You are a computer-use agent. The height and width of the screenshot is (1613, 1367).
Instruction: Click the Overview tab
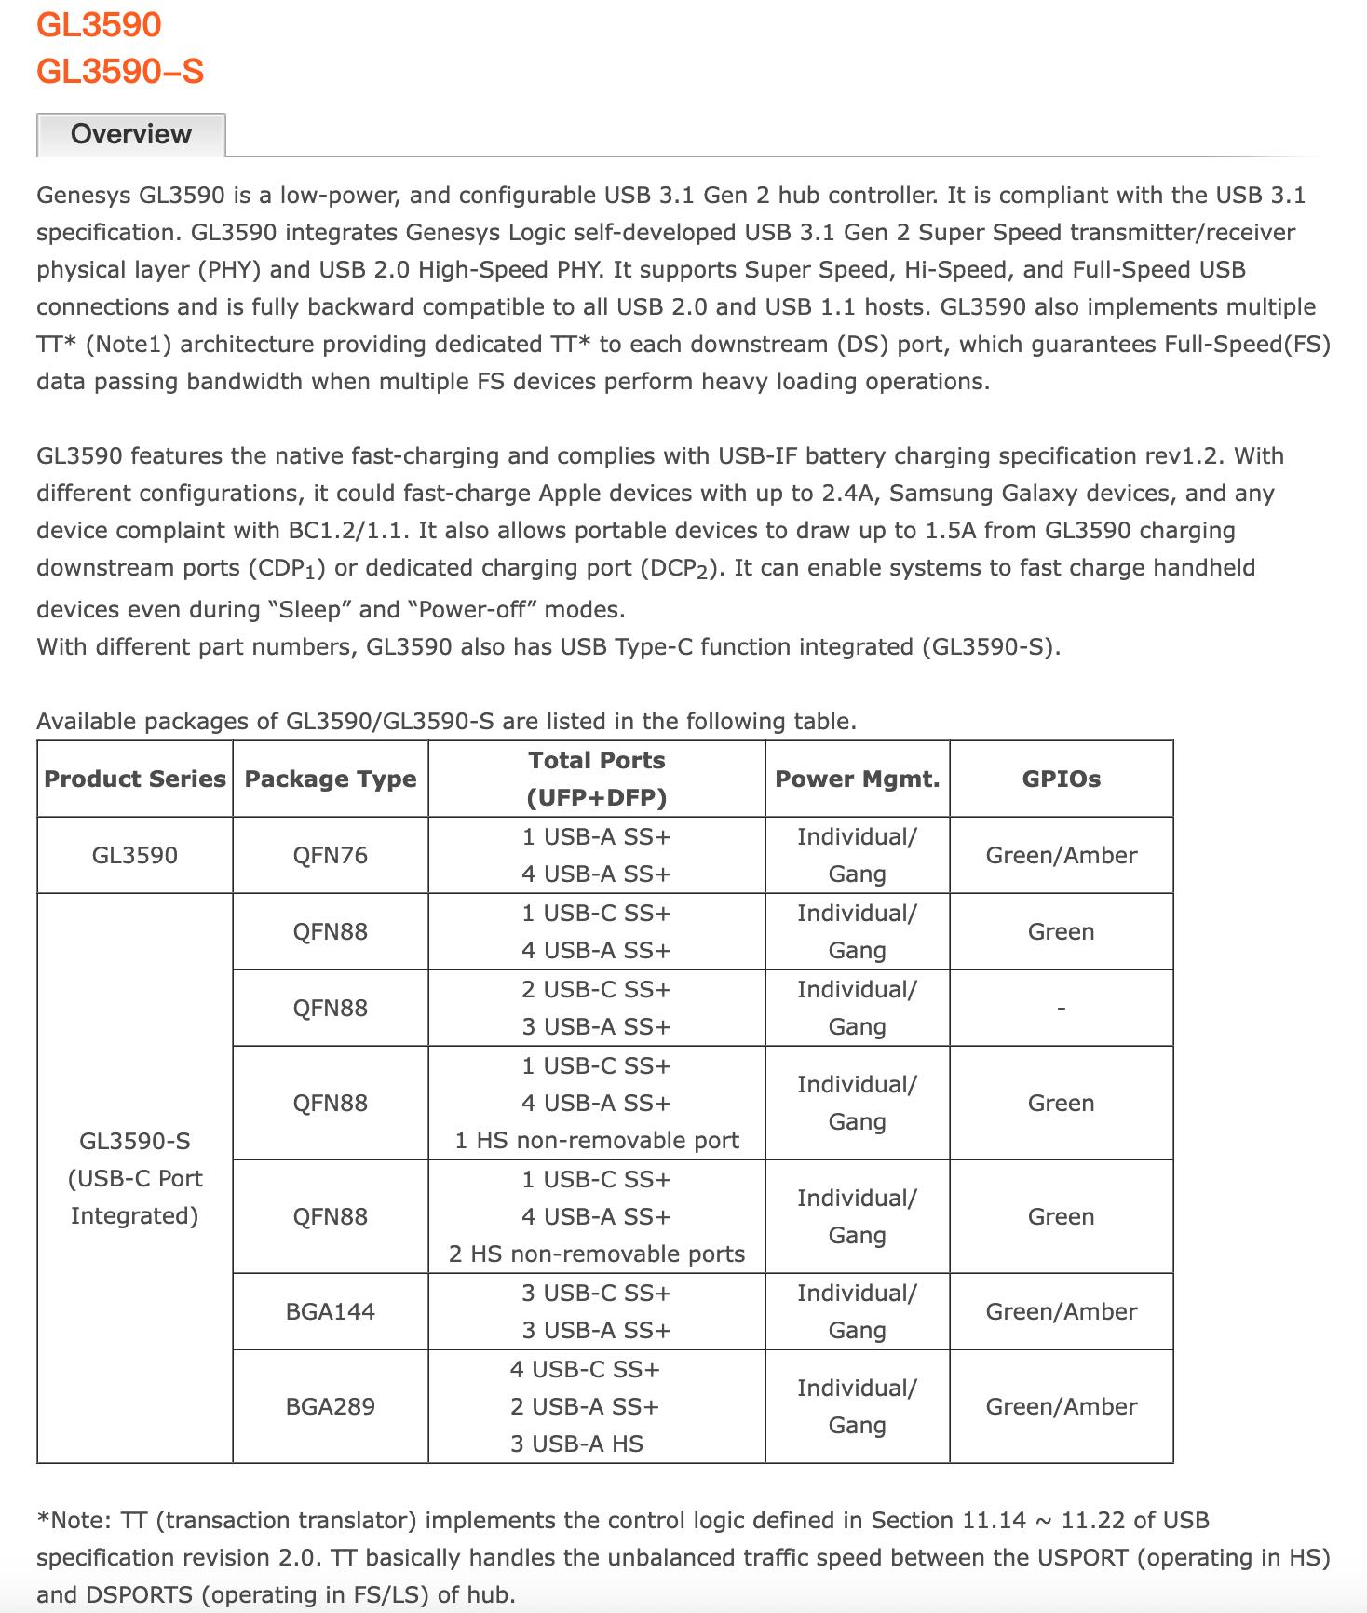click(x=131, y=135)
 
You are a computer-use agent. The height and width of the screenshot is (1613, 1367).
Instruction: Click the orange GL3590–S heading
click(x=120, y=72)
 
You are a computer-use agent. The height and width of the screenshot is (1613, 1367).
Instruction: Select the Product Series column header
click(x=135, y=779)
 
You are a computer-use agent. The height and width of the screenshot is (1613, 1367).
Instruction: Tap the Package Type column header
click(x=331, y=779)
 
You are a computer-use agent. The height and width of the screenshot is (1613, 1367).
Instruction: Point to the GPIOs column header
click(x=1061, y=779)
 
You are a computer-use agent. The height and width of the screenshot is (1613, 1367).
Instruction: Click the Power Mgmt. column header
click(x=857, y=779)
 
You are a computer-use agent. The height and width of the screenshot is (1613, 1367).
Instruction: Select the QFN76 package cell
click(x=331, y=856)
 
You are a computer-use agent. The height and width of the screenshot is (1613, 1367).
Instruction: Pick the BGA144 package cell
click(x=331, y=1312)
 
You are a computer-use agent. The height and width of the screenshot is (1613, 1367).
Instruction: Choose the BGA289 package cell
click(x=331, y=1407)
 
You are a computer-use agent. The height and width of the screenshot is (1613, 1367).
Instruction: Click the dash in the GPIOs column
click(x=1061, y=1009)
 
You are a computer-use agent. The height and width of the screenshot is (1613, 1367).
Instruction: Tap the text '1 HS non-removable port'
click(x=597, y=1141)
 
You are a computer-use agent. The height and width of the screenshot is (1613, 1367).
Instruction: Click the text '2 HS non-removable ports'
click(x=597, y=1254)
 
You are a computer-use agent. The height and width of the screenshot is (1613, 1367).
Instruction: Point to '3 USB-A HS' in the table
click(x=576, y=1444)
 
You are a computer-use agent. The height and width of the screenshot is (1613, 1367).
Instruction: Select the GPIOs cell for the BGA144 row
click(x=1061, y=1312)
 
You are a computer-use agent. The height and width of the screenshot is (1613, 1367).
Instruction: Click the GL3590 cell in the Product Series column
click(x=135, y=856)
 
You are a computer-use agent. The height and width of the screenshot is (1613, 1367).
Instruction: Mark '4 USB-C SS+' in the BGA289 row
click(x=585, y=1370)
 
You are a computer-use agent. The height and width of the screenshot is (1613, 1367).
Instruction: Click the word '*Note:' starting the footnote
click(x=74, y=1521)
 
